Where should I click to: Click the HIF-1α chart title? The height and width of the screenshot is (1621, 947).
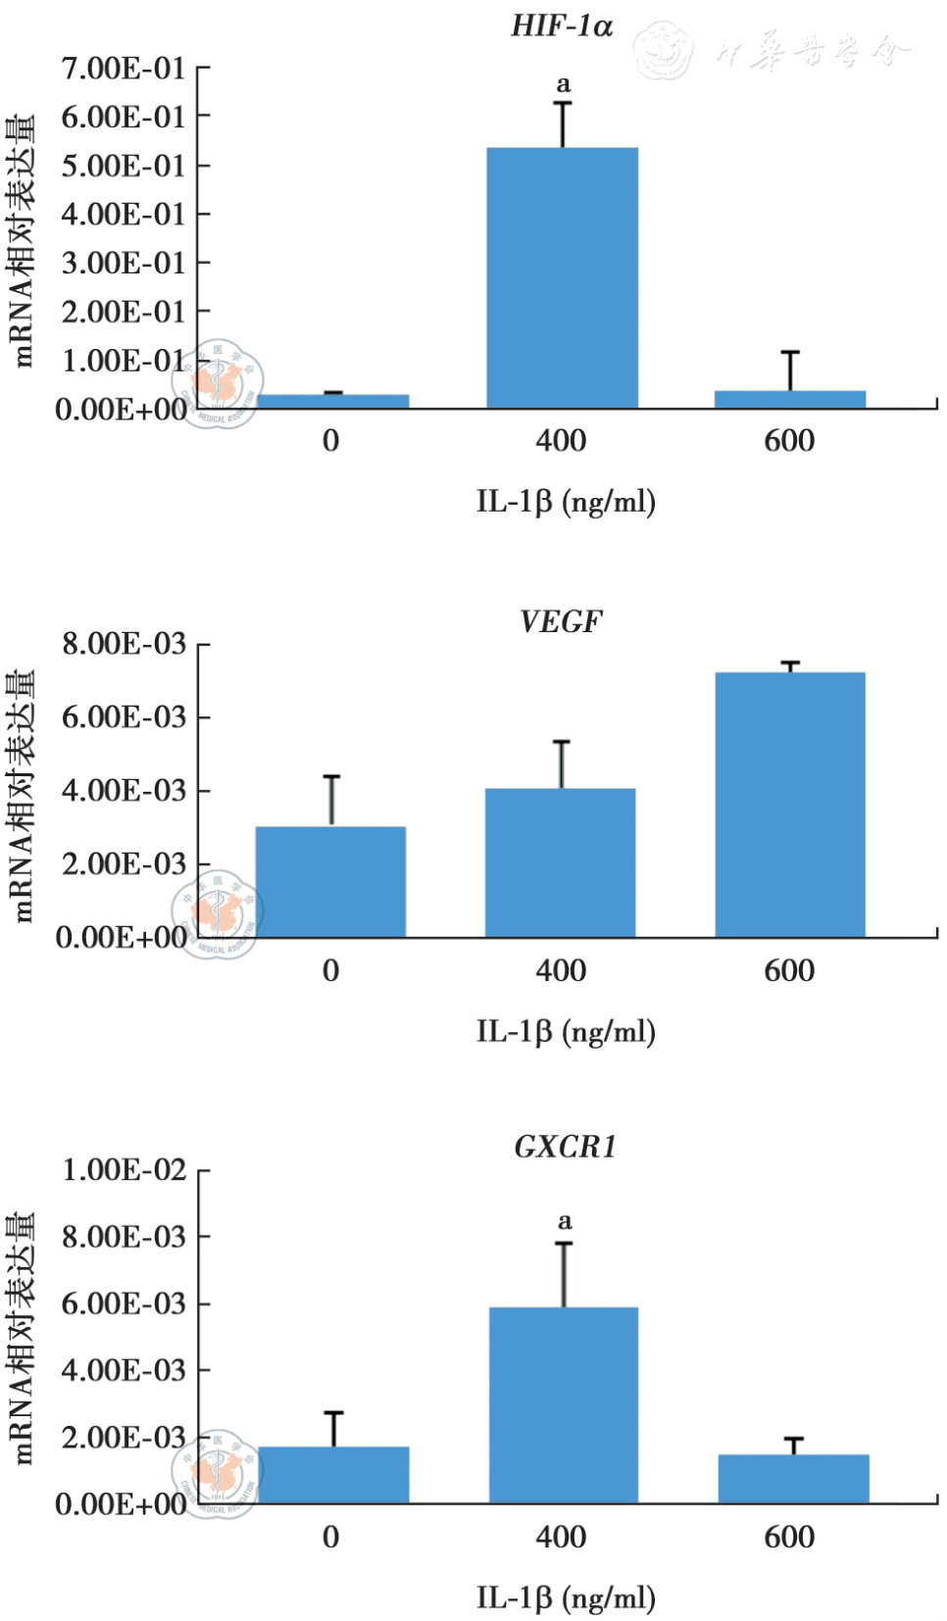tap(562, 26)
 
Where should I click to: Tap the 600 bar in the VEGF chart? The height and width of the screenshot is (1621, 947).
tap(789, 804)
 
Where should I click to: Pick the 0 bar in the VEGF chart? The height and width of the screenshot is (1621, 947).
tap(330, 881)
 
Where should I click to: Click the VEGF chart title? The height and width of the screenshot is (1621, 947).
tap(561, 621)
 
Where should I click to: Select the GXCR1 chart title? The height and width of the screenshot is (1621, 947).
tap(565, 1147)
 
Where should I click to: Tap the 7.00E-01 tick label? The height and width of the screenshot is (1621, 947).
tap(124, 69)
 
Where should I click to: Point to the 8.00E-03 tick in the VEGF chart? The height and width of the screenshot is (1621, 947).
tap(124, 644)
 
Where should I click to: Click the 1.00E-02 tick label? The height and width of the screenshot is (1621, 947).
tap(124, 1169)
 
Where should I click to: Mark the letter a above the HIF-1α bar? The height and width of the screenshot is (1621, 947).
tap(563, 85)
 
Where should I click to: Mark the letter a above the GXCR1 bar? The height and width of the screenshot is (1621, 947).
tap(565, 1221)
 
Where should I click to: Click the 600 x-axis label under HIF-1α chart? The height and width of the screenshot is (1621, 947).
tap(789, 441)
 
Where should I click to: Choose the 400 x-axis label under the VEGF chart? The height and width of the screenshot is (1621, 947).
tap(561, 970)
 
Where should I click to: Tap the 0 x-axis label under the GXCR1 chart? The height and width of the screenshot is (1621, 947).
tap(330, 1536)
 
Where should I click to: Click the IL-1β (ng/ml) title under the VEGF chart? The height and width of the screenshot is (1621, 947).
tap(566, 1031)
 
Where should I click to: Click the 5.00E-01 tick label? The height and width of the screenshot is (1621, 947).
tap(124, 166)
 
